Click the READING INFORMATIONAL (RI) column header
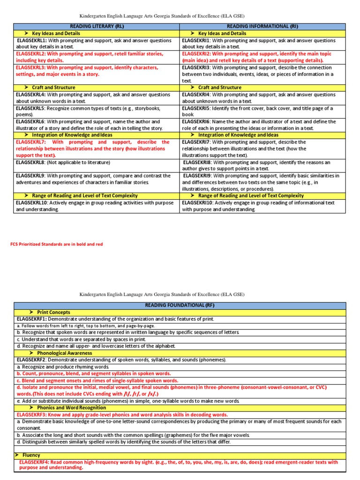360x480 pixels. [x=262, y=27]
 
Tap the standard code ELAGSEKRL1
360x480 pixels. [x=31, y=40]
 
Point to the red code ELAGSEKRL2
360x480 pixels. [x=31, y=54]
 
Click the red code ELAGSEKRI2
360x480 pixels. [x=197, y=54]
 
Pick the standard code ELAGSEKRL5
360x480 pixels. [x=31, y=108]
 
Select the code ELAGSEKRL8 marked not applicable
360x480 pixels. [x=31, y=162]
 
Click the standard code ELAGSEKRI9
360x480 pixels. [x=198, y=176]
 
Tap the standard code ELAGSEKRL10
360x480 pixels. [x=32, y=203]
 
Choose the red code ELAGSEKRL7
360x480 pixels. [x=31, y=142]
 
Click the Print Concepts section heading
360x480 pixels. [x=53, y=312]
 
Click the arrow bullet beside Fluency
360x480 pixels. [x=17, y=455]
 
